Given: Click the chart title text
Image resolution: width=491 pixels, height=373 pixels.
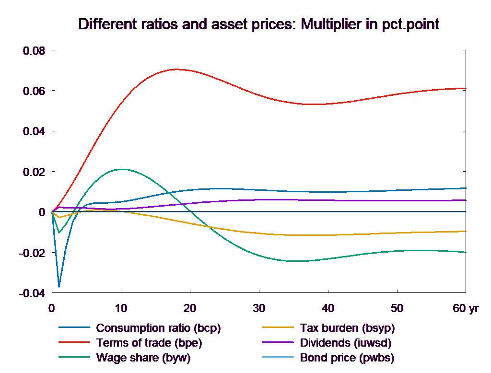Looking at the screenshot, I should (258, 24).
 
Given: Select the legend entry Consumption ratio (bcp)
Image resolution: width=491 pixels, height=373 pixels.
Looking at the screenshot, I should (158, 328).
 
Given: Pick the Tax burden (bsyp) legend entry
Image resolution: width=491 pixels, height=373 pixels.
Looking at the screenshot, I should (347, 328).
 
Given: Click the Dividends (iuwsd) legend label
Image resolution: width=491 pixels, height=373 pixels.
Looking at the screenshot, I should (346, 343).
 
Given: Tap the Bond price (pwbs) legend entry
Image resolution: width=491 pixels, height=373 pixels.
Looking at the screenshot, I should (347, 358).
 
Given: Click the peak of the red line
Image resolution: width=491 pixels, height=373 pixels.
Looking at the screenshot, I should (176, 69).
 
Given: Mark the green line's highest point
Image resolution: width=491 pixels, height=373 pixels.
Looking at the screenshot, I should (123, 169).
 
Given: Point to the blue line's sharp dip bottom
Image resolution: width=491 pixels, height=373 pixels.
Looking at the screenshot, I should (59, 287).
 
